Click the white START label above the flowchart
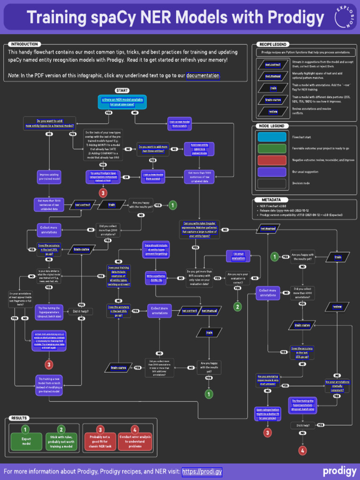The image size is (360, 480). pos(121,90)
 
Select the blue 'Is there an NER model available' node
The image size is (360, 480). pos(122,102)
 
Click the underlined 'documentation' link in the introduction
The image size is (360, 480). pos(202,75)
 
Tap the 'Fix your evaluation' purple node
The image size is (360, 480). pos(238,256)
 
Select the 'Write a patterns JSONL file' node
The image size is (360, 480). pos(156,278)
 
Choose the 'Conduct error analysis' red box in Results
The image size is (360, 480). pos(135,441)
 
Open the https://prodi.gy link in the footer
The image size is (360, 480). pos(202,472)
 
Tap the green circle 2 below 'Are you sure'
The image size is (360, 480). pos(238,307)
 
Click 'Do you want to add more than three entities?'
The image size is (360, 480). pos(152,149)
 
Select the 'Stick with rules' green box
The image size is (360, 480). pos(61,441)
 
